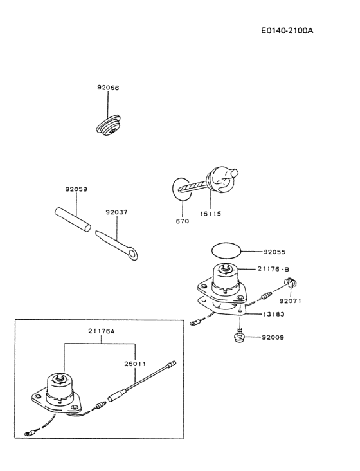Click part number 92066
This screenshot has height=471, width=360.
[108, 88]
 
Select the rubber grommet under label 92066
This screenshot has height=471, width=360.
[111, 127]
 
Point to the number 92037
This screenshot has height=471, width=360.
[117, 210]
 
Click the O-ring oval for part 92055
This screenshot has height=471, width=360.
[226, 250]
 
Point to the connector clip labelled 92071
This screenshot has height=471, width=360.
[291, 282]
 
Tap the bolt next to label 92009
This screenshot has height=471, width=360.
[239, 337]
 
